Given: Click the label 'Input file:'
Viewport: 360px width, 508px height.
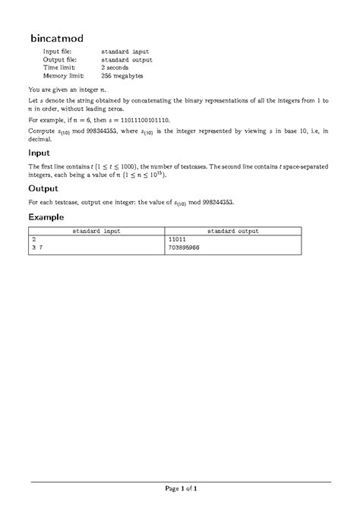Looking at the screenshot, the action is [x=57, y=51].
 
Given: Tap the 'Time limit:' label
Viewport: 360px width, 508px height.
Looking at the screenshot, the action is [x=59, y=68].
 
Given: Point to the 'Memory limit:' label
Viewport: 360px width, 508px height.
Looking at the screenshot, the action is [x=63, y=76].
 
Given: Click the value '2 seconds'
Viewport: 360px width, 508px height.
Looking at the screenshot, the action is [x=117, y=68].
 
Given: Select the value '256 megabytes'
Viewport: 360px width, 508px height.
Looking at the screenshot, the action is [x=122, y=76].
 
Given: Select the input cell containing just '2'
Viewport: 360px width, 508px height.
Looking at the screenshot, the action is [x=33, y=239].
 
